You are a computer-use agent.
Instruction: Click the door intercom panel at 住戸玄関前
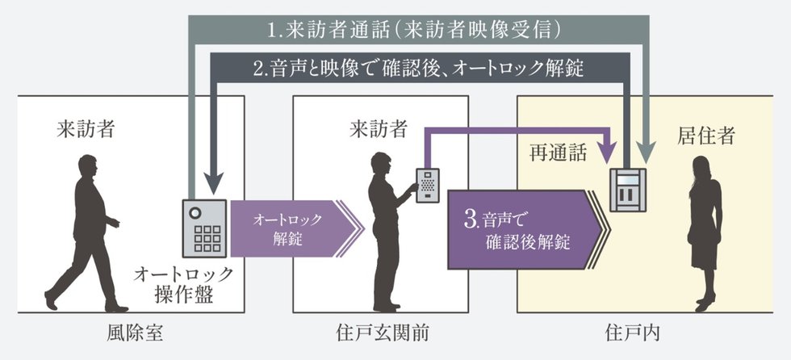(427, 186)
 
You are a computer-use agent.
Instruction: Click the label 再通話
(558, 153)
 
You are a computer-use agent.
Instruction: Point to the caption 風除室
(130, 332)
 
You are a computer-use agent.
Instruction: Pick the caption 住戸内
(628, 332)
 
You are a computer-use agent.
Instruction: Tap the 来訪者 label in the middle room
(379, 128)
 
